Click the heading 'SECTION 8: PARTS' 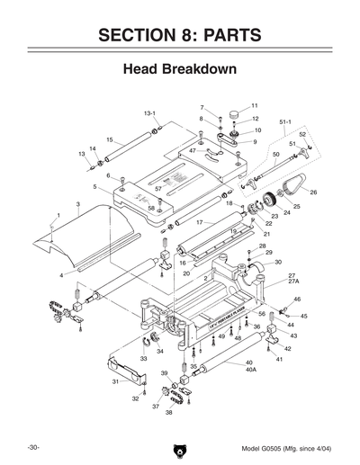pos(179,35)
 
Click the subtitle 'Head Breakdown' pos(179,68)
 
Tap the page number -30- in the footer pos(32,447)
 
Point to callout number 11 pos(255,105)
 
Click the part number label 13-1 pos(150,114)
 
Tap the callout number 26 pos(313,192)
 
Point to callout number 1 pos(58,215)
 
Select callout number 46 pos(297,300)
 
